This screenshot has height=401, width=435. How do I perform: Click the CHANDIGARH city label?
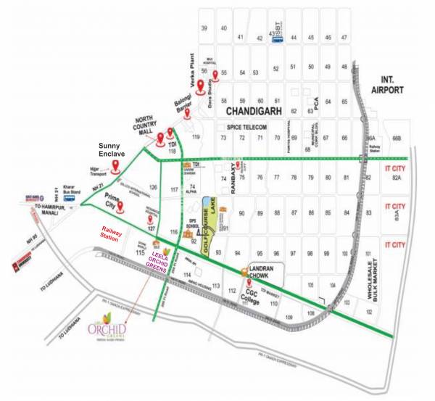(x=260, y=112)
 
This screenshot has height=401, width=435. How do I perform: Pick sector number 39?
(x=204, y=28)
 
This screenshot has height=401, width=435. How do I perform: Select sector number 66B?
(x=396, y=138)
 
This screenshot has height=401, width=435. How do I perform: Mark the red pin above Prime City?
(x=121, y=207)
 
